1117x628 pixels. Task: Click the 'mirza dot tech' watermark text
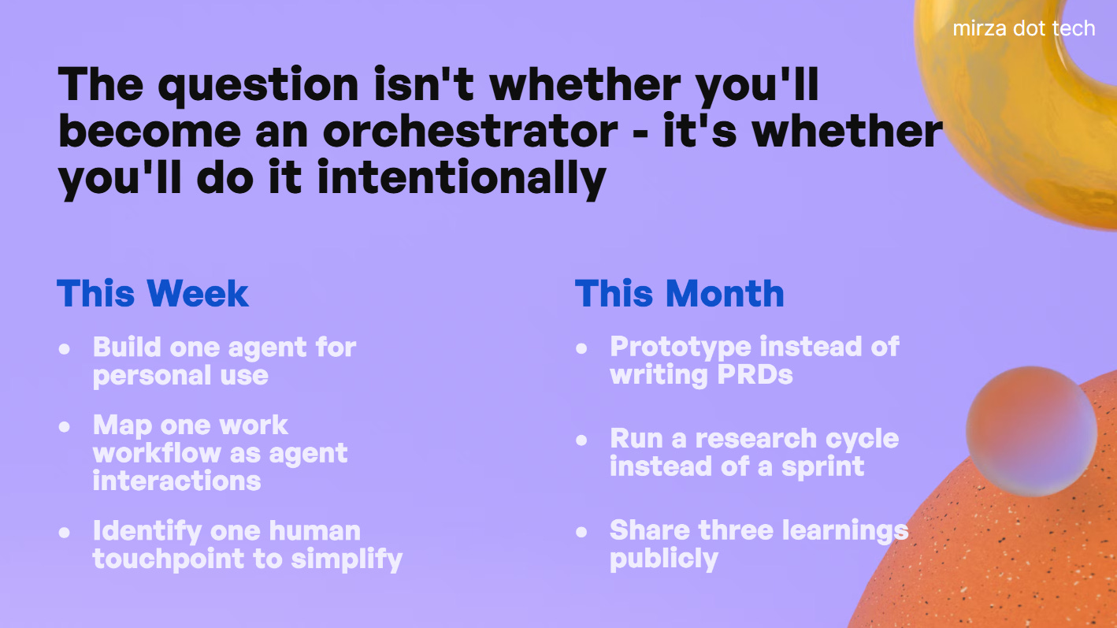click(x=1024, y=28)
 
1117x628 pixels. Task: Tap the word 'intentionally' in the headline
click(x=462, y=179)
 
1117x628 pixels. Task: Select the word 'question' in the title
click(x=258, y=85)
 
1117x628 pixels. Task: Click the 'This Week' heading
click(x=153, y=293)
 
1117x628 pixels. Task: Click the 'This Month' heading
click(x=680, y=293)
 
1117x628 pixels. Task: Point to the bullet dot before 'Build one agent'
click(x=65, y=348)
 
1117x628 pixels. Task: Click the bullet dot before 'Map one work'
click(x=65, y=426)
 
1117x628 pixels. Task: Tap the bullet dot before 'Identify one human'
click(x=65, y=532)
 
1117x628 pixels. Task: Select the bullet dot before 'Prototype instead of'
click(x=581, y=348)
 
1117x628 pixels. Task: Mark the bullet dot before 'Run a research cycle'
click(x=581, y=440)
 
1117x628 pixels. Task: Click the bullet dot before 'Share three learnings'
click(x=581, y=532)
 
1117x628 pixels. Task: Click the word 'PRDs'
click(x=755, y=374)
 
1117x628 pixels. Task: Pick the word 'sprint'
click(x=823, y=467)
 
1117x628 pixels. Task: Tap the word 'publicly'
click(x=664, y=559)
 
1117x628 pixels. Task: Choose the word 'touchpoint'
click(x=169, y=559)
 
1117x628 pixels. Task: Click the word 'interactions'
click(x=177, y=481)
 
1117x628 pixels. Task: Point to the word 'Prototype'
click(x=681, y=347)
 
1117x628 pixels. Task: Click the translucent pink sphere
click(x=1031, y=432)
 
